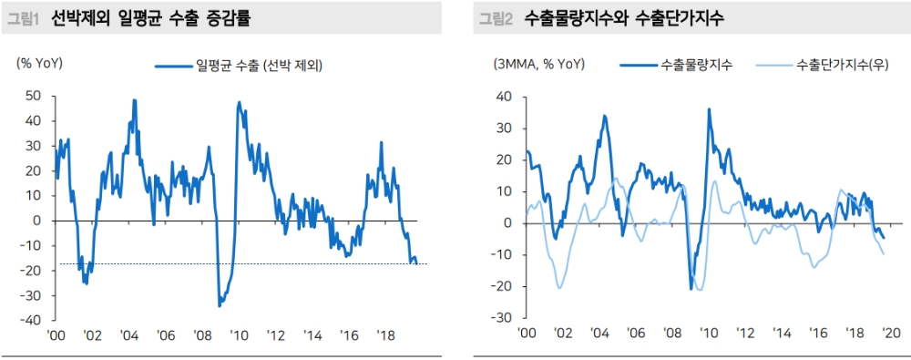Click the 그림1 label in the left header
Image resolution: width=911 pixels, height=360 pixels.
click(x=25, y=17)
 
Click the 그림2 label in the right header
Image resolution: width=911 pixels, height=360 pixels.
click(x=497, y=17)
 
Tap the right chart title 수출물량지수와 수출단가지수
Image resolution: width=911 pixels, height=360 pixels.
click(x=623, y=17)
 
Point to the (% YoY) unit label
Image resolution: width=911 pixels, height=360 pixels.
click(x=38, y=64)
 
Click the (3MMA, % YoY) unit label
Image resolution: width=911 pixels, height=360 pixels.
click(x=539, y=64)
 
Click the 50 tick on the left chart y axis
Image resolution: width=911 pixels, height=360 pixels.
click(x=33, y=95)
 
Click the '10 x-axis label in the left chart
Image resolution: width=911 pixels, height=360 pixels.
click(x=238, y=335)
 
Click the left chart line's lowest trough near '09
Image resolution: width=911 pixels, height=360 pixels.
click(x=220, y=306)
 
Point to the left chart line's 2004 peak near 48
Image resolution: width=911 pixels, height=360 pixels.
click(x=135, y=100)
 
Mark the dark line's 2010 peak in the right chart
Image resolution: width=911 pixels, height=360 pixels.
click(x=709, y=109)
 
